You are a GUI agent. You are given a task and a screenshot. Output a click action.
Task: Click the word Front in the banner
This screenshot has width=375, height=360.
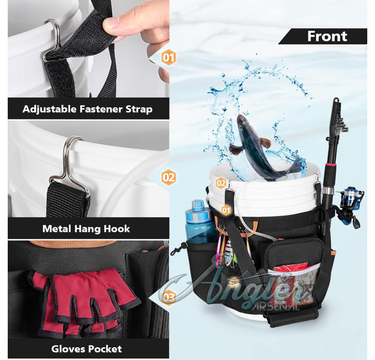[x=327, y=36]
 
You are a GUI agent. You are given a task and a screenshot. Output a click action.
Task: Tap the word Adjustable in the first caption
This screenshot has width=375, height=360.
[x=49, y=109]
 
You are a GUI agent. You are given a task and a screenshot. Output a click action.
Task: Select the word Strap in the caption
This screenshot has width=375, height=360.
[x=139, y=109]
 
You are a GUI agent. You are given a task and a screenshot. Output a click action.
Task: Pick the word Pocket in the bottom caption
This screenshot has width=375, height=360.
[x=105, y=349]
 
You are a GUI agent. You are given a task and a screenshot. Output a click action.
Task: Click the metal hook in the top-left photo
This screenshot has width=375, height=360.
[x=51, y=39]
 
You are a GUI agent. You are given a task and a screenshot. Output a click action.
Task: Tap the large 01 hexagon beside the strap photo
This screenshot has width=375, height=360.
[x=168, y=58]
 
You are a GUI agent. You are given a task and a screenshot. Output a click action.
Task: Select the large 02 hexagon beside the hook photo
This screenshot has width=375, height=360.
[x=168, y=178]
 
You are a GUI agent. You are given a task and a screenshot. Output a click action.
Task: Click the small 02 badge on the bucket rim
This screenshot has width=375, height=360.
[x=221, y=183]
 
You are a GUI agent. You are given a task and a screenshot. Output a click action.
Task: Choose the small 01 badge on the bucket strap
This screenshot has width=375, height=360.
[x=226, y=210]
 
